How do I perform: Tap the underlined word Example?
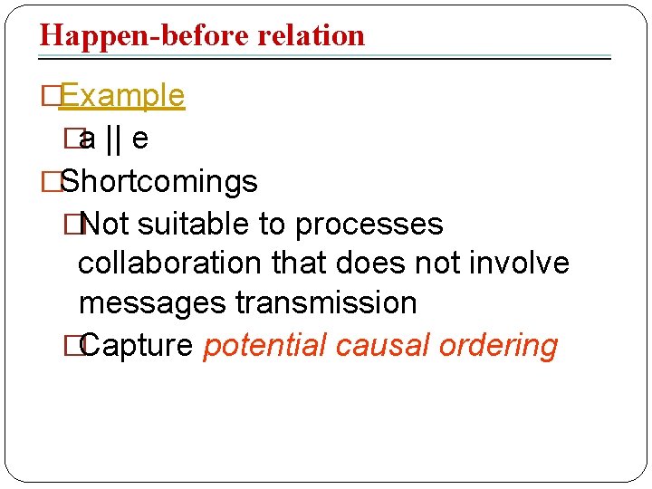point(122,96)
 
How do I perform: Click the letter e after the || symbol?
point(140,139)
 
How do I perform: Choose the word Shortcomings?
point(158,181)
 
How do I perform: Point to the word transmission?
point(326,302)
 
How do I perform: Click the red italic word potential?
point(264,345)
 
